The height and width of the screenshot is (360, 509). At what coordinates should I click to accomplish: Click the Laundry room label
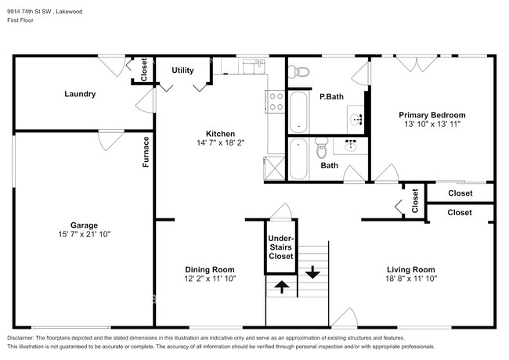point(80,94)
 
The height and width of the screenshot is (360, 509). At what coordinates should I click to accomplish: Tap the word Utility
point(182,70)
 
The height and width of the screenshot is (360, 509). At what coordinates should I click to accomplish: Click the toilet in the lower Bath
point(320,149)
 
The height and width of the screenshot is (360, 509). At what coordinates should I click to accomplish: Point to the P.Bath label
point(331,97)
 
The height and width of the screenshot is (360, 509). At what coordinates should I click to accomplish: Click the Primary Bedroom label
point(432,114)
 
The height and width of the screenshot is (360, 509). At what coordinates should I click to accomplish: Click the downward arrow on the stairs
point(312,273)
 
